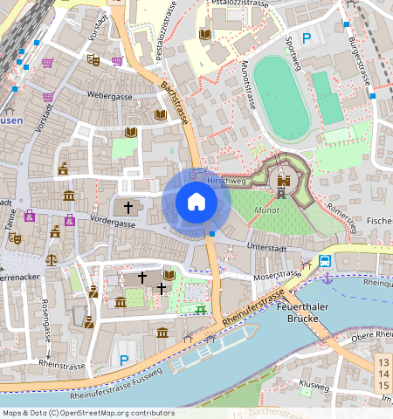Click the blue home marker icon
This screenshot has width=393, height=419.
(196, 203)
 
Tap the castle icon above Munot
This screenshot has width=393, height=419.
(283, 183)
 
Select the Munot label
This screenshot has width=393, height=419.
(266, 210)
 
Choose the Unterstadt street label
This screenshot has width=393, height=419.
(265, 248)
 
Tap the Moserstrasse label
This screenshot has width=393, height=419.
(275, 276)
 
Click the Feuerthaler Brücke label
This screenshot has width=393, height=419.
(300, 313)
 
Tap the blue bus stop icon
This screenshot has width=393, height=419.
(325, 261)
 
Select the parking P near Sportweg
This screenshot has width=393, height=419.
(307, 38)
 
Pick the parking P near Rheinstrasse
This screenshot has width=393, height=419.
(124, 359)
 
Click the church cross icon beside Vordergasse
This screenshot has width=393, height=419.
(128, 208)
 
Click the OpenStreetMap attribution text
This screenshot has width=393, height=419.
(88, 412)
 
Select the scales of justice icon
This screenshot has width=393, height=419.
(51, 260)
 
